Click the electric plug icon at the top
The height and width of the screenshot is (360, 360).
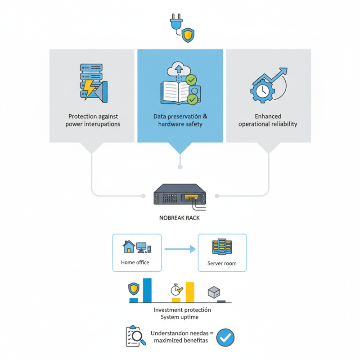coord(176,22)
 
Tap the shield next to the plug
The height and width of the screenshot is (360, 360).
coord(188,35)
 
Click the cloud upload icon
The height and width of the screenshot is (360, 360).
coord(179,69)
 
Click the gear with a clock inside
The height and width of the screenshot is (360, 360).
coord(262,91)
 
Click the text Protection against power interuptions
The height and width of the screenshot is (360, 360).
coord(93,120)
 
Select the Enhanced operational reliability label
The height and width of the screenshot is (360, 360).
coord(268,120)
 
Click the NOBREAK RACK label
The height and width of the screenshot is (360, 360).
coord(180,218)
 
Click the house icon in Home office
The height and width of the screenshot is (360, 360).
coord(129,247)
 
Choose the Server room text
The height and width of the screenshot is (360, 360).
coord(222,263)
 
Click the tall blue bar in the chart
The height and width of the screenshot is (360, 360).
coord(147,290)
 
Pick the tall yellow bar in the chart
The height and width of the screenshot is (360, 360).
coord(190,292)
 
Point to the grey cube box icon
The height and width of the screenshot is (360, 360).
coord(214,292)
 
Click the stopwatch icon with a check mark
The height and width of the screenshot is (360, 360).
coord(177,290)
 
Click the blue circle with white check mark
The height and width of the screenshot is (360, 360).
coord(225,337)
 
